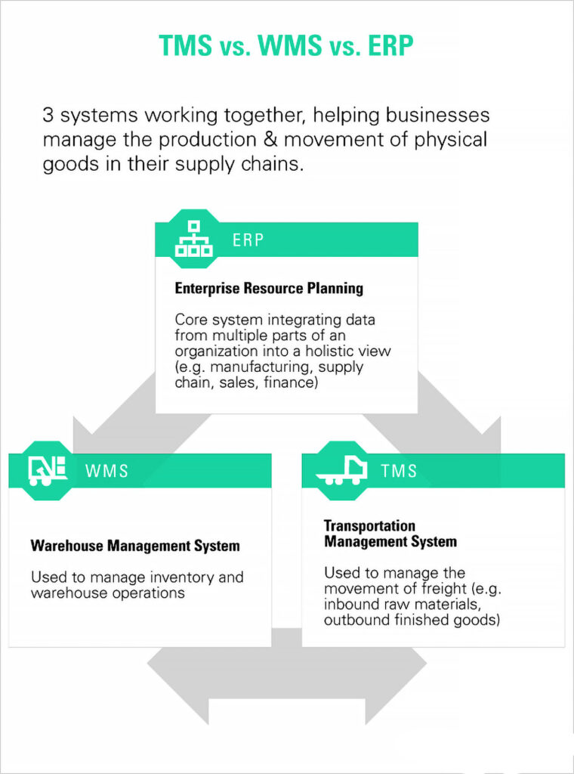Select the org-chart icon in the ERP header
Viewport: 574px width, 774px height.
pyautogui.click(x=193, y=240)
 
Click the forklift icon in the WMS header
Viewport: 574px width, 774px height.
pyautogui.click(x=48, y=470)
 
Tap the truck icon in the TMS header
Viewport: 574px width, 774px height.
pyautogui.click(x=342, y=471)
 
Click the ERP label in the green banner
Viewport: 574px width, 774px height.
pyautogui.click(x=248, y=241)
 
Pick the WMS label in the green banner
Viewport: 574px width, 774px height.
pyautogui.click(x=107, y=471)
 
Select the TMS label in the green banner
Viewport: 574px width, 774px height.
pyautogui.click(x=399, y=471)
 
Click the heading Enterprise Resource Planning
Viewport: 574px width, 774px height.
pyautogui.click(x=269, y=288)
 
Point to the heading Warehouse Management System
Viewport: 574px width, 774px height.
pyautogui.click(x=135, y=546)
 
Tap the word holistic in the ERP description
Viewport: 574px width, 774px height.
pyautogui.click(x=335, y=351)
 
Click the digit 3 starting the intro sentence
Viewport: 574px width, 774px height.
pyautogui.click(x=48, y=116)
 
